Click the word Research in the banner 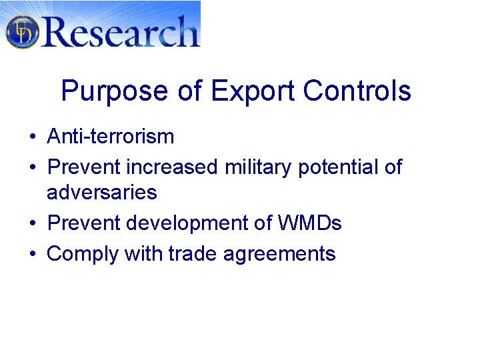point(121,31)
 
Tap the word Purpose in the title point(115,91)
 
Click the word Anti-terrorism point(111,137)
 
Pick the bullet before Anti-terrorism point(32,137)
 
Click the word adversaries point(102,193)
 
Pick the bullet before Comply point(32,254)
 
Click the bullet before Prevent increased point(32,167)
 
